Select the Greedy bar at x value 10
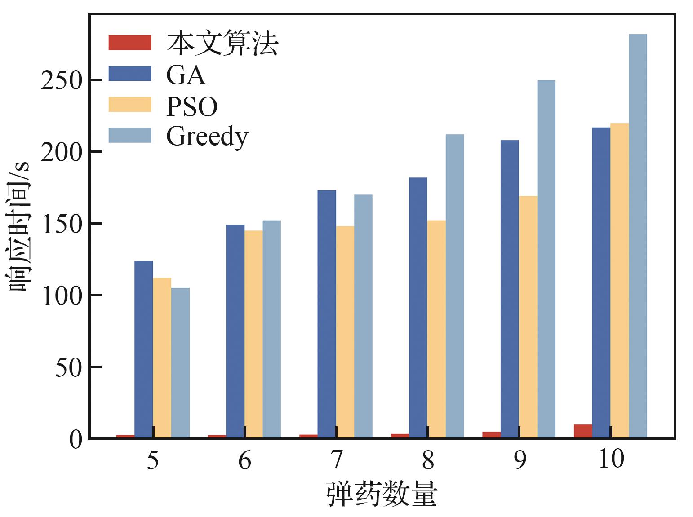coord(638,236)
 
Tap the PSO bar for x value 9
coord(528,317)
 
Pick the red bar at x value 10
coord(583,431)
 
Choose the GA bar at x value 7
coord(327,314)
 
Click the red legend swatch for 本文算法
coord(130,43)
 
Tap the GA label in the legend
coord(186,75)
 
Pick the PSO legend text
coord(192,106)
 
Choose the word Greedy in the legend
coord(207,137)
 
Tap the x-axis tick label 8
coord(428,460)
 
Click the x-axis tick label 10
coord(611,459)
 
